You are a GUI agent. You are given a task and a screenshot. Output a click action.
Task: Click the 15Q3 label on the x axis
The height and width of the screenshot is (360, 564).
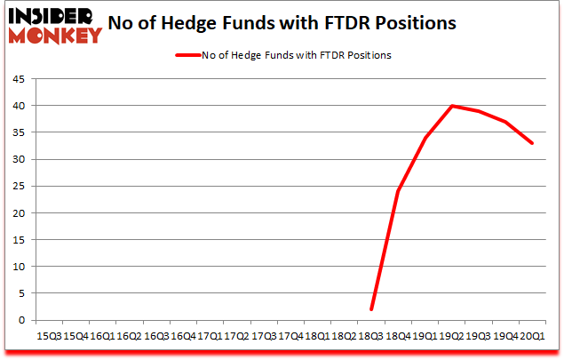(x=49, y=337)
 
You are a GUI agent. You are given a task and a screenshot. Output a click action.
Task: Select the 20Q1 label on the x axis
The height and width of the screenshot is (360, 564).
(x=533, y=337)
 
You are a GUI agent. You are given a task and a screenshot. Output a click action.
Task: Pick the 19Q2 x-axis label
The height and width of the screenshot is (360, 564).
(x=452, y=337)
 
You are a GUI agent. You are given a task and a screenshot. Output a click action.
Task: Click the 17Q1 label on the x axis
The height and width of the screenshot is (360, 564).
(x=210, y=337)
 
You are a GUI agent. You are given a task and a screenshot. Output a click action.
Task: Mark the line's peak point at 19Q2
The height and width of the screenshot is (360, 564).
(x=452, y=106)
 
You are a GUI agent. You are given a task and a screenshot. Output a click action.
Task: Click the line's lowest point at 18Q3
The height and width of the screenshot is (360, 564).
(x=371, y=309)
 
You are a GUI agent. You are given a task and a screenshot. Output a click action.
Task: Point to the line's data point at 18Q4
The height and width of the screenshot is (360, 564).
(x=398, y=191)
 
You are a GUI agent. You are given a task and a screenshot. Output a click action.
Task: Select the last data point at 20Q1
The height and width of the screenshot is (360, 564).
(x=533, y=143)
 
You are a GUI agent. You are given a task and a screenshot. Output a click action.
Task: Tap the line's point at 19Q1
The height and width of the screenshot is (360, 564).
(x=425, y=138)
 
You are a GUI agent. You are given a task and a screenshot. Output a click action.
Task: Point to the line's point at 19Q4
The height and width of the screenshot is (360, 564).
(x=506, y=122)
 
